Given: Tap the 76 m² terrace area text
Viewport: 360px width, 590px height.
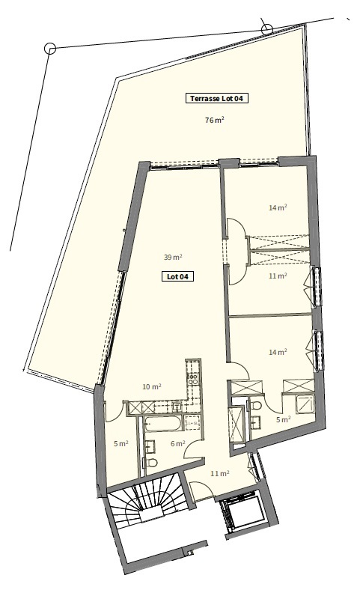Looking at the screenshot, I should tap(215, 120).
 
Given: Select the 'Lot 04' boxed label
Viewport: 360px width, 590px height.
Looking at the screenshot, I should tap(178, 276).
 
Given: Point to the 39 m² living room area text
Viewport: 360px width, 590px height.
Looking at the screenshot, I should tap(173, 257).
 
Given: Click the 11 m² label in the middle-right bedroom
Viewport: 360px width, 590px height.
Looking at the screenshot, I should tap(278, 276).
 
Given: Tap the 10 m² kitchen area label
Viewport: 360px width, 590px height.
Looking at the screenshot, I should tap(151, 387).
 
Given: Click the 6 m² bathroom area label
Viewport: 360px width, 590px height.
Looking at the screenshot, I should tap(177, 444).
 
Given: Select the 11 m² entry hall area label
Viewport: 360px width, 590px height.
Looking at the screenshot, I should tap(219, 473).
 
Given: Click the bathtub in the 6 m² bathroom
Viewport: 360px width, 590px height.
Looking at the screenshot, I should tap(162, 425).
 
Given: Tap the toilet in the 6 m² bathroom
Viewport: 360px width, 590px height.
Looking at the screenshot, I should tap(152, 463).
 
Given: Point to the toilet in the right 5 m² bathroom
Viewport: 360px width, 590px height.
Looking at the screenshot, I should tap(257, 407).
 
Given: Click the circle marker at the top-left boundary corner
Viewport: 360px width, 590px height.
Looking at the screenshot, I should tap(50, 48).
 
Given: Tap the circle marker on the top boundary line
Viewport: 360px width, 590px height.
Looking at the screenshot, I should tap(266, 29).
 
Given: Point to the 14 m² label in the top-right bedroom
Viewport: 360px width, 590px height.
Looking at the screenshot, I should tap(278, 208).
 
